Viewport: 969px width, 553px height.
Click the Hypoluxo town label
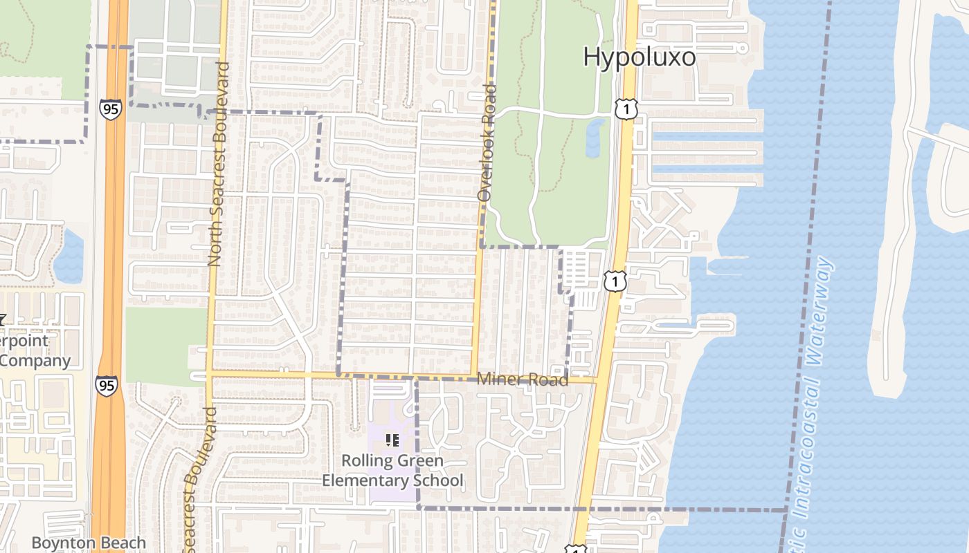(639, 57)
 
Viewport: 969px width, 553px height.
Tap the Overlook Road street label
(487, 143)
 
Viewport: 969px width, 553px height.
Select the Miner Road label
(523, 379)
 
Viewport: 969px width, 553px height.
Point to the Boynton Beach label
(89, 543)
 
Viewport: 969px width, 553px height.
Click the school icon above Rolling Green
(392, 440)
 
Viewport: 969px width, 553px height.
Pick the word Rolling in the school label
(369, 461)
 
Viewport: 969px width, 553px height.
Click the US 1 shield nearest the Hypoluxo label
(625, 109)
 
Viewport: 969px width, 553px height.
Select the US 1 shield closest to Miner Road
(614, 281)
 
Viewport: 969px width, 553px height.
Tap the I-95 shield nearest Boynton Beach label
(107, 386)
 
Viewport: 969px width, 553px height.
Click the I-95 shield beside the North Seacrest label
(110, 109)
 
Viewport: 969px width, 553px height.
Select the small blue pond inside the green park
(594, 138)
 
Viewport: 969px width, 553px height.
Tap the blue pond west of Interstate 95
(69, 256)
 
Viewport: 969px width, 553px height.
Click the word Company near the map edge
(35, 360)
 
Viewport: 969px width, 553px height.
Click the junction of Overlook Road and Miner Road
(473, 377)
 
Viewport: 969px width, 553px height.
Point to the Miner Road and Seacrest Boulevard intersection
(208, 373)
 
